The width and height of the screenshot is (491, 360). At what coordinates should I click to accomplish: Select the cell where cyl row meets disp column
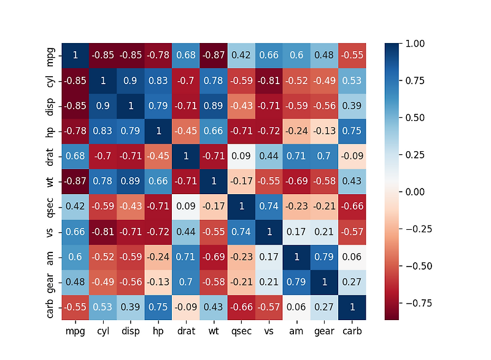130,81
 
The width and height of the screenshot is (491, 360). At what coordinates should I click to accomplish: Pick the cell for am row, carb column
352,257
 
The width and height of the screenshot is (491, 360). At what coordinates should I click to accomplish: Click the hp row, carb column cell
352,131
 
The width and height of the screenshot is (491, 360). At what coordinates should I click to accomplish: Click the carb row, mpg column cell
75,307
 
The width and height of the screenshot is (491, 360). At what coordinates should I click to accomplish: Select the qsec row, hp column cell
158,206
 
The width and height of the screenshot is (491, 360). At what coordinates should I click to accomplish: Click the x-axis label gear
324,331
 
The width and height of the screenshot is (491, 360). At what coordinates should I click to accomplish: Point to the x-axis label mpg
75,331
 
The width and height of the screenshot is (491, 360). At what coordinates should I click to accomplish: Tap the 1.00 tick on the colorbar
416,44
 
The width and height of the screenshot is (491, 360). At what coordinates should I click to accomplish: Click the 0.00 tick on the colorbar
416,192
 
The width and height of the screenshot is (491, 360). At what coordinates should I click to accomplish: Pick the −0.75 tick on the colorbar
416,303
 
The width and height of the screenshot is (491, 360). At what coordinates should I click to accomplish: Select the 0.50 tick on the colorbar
416,117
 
